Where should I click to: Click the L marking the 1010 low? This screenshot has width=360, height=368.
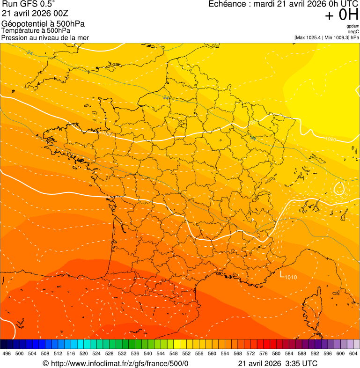tap(282, 275)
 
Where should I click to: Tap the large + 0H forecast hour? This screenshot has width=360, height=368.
tap(342, 15)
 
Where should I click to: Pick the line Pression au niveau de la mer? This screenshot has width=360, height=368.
tap(45, 37)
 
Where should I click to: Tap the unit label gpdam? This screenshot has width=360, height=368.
tap(353, 26)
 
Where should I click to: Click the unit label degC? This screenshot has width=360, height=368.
tap(353, 31)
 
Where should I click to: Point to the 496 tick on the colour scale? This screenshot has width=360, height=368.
tap(7, 353)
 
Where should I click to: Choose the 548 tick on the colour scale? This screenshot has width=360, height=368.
tap(174, 353)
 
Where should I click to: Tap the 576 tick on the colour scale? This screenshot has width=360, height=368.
tap(264, 353)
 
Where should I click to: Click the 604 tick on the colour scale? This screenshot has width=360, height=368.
tap(353, 353)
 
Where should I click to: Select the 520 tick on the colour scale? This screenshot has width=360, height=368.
tap(84, 353)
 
